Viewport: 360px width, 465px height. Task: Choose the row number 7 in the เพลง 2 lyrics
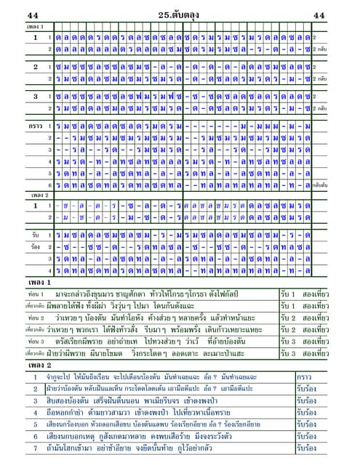(34, 448)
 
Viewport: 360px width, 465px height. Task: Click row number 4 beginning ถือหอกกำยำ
(34, 412)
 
